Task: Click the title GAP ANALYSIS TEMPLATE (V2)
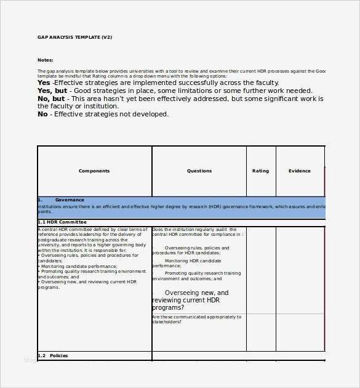pos(74,37)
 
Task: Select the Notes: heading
pos(46,60)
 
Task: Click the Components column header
pos(94,171)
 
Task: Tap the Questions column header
pos(199,171)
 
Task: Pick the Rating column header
pos(260,171)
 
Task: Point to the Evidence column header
pos(300,171)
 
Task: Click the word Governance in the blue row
pos(70,200)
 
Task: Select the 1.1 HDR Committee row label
pos(62,222)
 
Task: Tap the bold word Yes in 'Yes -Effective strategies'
pos(44,83)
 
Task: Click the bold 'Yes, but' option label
pos(52,91)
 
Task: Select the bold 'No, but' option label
pos(51,99)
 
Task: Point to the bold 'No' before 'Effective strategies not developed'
pos(42,114)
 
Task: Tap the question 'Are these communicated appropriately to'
pos(196,317)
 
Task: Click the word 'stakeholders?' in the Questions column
pos(167,322)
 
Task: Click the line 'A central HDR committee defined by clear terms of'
pos(92,229)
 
